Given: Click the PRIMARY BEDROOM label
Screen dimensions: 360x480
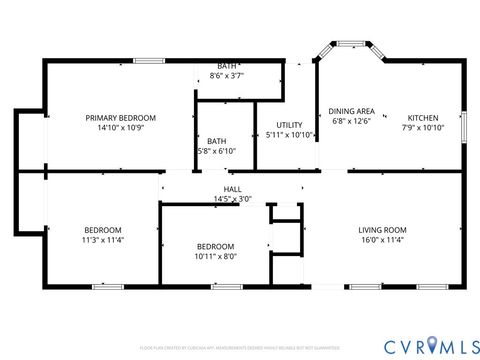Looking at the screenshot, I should tap(120, 117).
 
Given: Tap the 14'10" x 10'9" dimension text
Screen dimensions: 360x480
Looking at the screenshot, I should tap(120, 128).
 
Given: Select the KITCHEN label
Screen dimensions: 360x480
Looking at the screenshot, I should tap(421, 117).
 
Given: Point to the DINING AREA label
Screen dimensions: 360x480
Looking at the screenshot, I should tap(352, 110).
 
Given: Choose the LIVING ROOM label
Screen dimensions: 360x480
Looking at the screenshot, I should tap(383, 231).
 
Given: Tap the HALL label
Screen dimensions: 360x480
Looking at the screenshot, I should tap(232, 189).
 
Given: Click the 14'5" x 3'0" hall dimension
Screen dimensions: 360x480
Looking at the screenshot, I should tap(232, 199).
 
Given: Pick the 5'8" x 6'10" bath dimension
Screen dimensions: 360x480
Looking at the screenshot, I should tap(217, 151).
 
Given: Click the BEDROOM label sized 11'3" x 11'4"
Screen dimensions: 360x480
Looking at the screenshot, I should tap(103, 229).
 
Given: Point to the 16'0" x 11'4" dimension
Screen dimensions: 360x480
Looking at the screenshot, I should tap(383, 241).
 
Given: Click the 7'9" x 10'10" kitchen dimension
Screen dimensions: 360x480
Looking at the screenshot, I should tap(421, 128).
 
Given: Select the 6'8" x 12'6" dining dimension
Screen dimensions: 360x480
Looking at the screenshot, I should tap(351, 121).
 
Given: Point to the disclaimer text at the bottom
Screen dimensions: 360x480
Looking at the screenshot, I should tap(240, 348).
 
